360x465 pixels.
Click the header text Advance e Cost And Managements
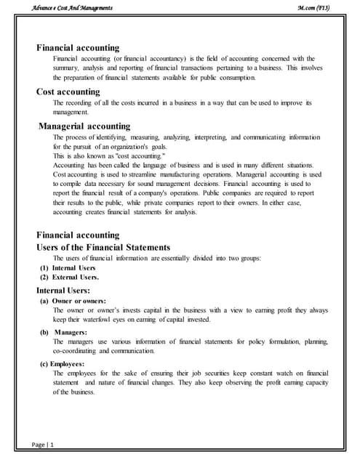tap(72, 7)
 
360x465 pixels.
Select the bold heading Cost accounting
tap(68, 92)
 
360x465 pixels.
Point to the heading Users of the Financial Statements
tap(103, 247)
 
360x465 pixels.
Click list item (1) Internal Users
tap(67, 268)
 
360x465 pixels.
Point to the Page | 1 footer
tap(43, 444)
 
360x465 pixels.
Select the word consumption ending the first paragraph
tap(233, 77)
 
